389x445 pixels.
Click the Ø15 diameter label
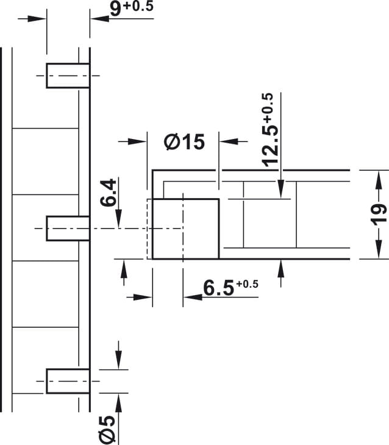coord(184,141)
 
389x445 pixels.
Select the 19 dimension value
coord(380,214)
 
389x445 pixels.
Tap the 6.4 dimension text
coord(108,193)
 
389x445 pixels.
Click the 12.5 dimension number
coord(270,146)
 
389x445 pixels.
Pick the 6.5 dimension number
coord(219,288)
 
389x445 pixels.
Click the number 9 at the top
coord(116,9)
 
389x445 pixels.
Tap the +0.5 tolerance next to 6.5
coord(248,284)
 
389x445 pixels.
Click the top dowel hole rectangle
coord(68,76)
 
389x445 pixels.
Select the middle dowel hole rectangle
coord(68,229)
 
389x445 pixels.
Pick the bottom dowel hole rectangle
coord(68,381)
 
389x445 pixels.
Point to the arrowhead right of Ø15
coord(229,141)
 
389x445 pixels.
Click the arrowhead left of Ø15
coord(137,141)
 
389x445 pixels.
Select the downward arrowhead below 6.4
coord(119,218)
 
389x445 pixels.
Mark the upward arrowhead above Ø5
coord(119,404)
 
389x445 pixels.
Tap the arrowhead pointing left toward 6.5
coord(193,297)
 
